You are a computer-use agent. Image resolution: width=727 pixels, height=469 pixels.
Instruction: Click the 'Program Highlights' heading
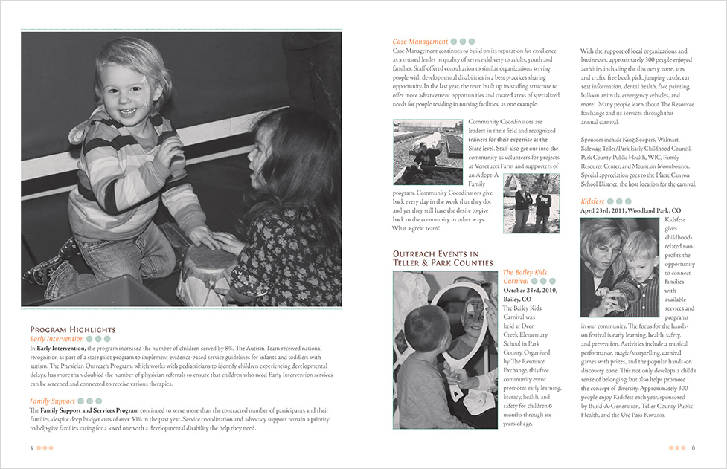click(72, 329)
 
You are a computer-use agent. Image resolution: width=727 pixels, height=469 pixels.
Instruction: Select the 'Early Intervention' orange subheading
click(57, 339)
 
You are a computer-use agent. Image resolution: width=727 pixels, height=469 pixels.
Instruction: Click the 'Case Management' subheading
click(420, 42)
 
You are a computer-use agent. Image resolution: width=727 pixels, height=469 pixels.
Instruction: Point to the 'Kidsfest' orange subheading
click(593, 201)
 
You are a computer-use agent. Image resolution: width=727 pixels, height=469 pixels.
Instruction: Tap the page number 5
click(31, 447)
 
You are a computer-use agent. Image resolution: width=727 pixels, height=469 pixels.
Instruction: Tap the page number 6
click(693, 447)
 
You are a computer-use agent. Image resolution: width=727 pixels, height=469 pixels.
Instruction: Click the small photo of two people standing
click(531, 203)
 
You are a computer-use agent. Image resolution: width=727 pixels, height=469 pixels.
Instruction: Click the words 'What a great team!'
click(416, 227)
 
